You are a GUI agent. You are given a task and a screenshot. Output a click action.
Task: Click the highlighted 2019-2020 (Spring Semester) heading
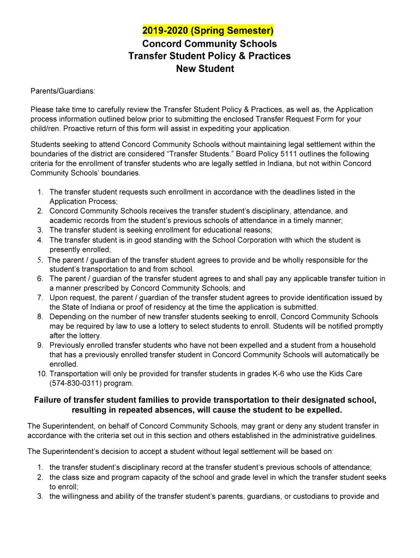click(x=208, y=30)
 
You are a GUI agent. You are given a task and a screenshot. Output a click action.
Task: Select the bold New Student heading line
click(x=205, y=69)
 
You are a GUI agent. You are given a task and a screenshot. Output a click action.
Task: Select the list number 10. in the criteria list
click(x=42, y=374)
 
